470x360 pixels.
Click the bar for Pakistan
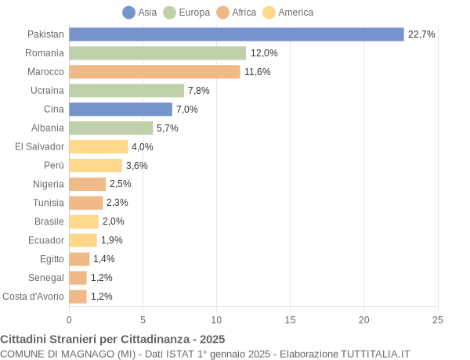(x=237, y=34)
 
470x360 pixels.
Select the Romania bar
(x=157, y=53)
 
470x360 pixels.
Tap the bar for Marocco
(x=154, y=72)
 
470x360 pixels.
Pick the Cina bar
(x=121, y=110)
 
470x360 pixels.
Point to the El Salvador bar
(x=99, y=146)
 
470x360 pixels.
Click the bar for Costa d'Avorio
(x=78, y=297)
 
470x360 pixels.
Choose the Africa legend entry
(x=237, y=13)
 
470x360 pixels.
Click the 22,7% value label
(x=421, y=34)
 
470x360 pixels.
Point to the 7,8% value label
(x=198, y=91)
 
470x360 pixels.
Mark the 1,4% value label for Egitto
(x=104, y=259)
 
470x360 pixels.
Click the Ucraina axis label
(x=47, y=91)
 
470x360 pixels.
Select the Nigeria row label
(x=49, y=184)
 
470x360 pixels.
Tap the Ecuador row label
(x=46, y=240)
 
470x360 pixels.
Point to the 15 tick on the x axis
(x=290, y=319)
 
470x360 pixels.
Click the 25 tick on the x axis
(x=437, y=319)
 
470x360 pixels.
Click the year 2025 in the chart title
(x=211, y=339)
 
